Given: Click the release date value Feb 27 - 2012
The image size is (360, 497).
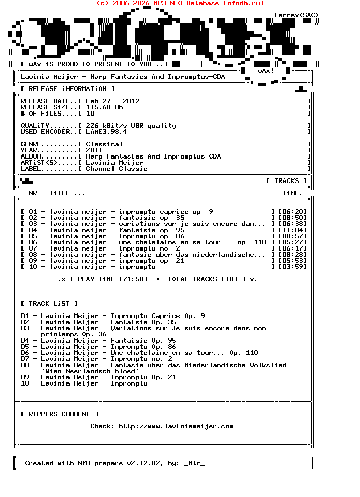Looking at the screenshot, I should (x=112, y=101).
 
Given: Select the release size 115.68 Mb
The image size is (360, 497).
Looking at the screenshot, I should (x=104, y=107).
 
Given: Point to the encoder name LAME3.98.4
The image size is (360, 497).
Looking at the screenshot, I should (x=106, y=132).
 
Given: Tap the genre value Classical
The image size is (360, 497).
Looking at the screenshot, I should (x=104, y=144).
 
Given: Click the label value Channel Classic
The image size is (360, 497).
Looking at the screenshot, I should (x=117, y=169).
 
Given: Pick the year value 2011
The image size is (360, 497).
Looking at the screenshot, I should (x=94, y=150).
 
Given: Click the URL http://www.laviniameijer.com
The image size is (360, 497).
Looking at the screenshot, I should (x=176, y=426).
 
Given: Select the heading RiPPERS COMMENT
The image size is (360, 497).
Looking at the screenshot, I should (x=59, y=414).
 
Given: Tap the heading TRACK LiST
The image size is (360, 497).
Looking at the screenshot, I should (x=49, y=304).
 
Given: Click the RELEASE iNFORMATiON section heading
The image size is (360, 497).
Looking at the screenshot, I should (x=67, y=89).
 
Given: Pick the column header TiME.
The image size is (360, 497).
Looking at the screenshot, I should (x=292, y=193).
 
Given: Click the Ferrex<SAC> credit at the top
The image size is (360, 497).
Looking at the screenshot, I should (x=296, y=15).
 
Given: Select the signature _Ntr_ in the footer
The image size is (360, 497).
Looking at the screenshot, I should (x=194, y=463).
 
